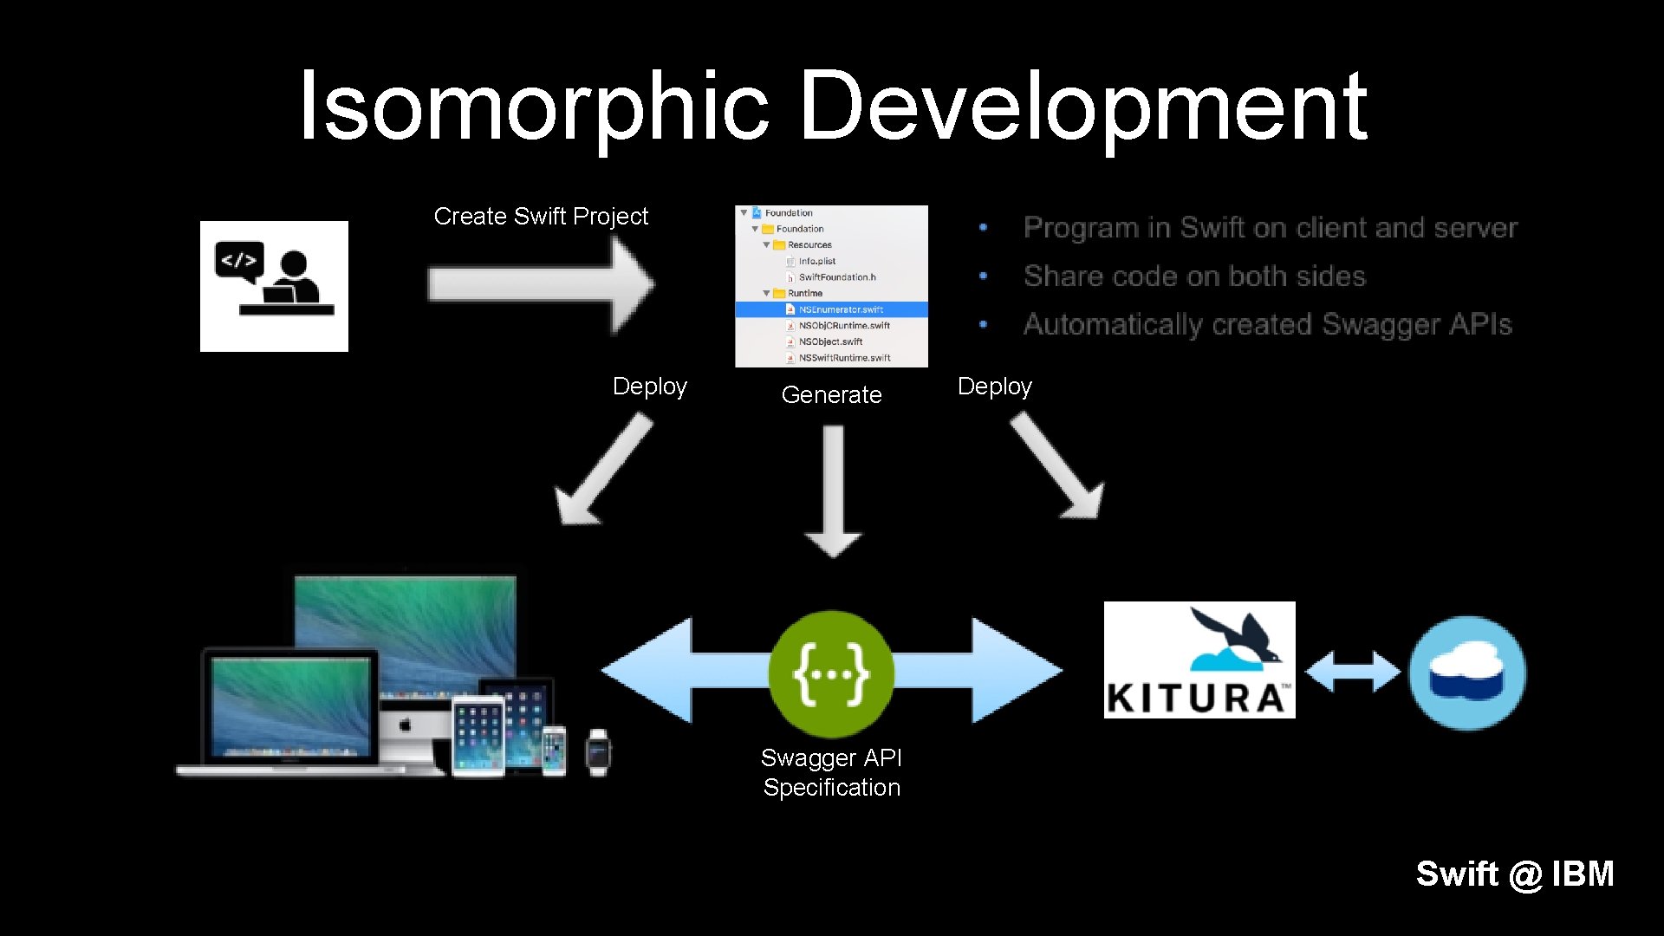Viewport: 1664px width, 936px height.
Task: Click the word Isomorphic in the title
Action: pyautogui.click(x=533, y=106)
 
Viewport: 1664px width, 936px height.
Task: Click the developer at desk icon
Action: pyautogui.click(x=274, y=286)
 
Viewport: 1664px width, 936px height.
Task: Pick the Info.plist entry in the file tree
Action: pyautogui.click(x=816, y=261)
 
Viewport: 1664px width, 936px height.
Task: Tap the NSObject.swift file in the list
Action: pyautogui.click(x=829, y=341)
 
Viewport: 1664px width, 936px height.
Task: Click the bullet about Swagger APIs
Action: pyautogui.click(x=1267, y=324)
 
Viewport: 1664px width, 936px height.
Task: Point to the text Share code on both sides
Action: pyautogui.click(x=1194, y=276)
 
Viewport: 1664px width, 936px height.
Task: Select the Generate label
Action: pyautogui.click(x=831, y=395)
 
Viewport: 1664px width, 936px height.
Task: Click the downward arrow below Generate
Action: pyautogui.click(x=833, y=491)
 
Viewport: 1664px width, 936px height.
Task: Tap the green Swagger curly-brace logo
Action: pyautogui.click(x=831, y=673)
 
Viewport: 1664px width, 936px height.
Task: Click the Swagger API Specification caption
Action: pyautogui.click(x=831, y=772)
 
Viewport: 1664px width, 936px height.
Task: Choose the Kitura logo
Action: pyautogui.click(x=1199, y=660)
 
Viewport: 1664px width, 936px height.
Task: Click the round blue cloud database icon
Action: pyautogui.click(x=1467, y=673)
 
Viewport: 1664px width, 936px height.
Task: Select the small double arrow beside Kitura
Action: pyautogui.click(x=1352, y=673)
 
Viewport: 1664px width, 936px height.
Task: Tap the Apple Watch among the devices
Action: pyautogui.click(x=598, y=751)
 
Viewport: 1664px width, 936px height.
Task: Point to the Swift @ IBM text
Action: pyautogui.click(x=1514, y=874)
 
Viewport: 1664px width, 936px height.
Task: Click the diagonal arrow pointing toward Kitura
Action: pyautogui.click(x=1057, y=465)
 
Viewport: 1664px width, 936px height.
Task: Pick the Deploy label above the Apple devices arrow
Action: pyautogui.click(x=649, y=387)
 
